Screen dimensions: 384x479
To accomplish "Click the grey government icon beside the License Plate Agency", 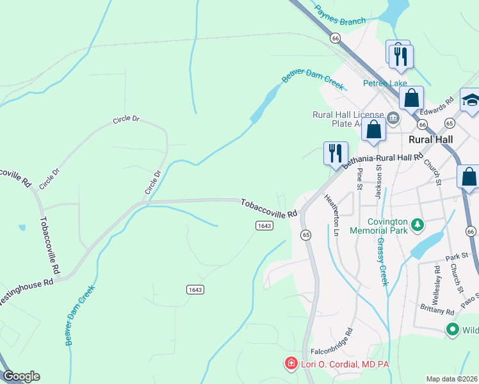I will click(393, 116).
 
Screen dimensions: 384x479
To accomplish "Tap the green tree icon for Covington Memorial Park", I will click(418, 224).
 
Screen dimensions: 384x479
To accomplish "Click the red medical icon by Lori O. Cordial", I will click(291, 364).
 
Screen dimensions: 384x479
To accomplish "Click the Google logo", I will click(21, 376).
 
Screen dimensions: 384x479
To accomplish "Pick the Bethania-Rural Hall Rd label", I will click(383, 161).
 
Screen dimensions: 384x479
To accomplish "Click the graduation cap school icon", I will click(471, 100).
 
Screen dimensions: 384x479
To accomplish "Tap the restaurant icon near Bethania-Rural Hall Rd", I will click(336, 152).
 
